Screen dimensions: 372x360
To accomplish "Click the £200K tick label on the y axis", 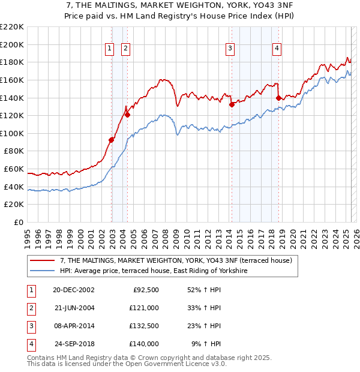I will (12, 44).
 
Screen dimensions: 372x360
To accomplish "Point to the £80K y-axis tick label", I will (14, 151).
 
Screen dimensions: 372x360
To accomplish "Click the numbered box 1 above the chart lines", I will (110, 49).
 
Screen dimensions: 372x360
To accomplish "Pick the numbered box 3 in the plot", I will (230, 49).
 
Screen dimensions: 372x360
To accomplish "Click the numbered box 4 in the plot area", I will (277, 49).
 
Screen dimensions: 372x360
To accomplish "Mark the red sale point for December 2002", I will (112, 140).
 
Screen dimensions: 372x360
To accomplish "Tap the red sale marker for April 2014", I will (232, 104).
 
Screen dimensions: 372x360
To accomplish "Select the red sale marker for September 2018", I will (278, 97).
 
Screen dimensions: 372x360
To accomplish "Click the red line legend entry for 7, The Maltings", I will (176, 260).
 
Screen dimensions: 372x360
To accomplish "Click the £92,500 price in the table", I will (145, 290).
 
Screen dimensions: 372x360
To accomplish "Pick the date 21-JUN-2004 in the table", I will (74, 308).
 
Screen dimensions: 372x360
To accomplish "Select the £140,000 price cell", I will (144, 344).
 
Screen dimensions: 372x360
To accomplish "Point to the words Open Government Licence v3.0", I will (181, 364).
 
